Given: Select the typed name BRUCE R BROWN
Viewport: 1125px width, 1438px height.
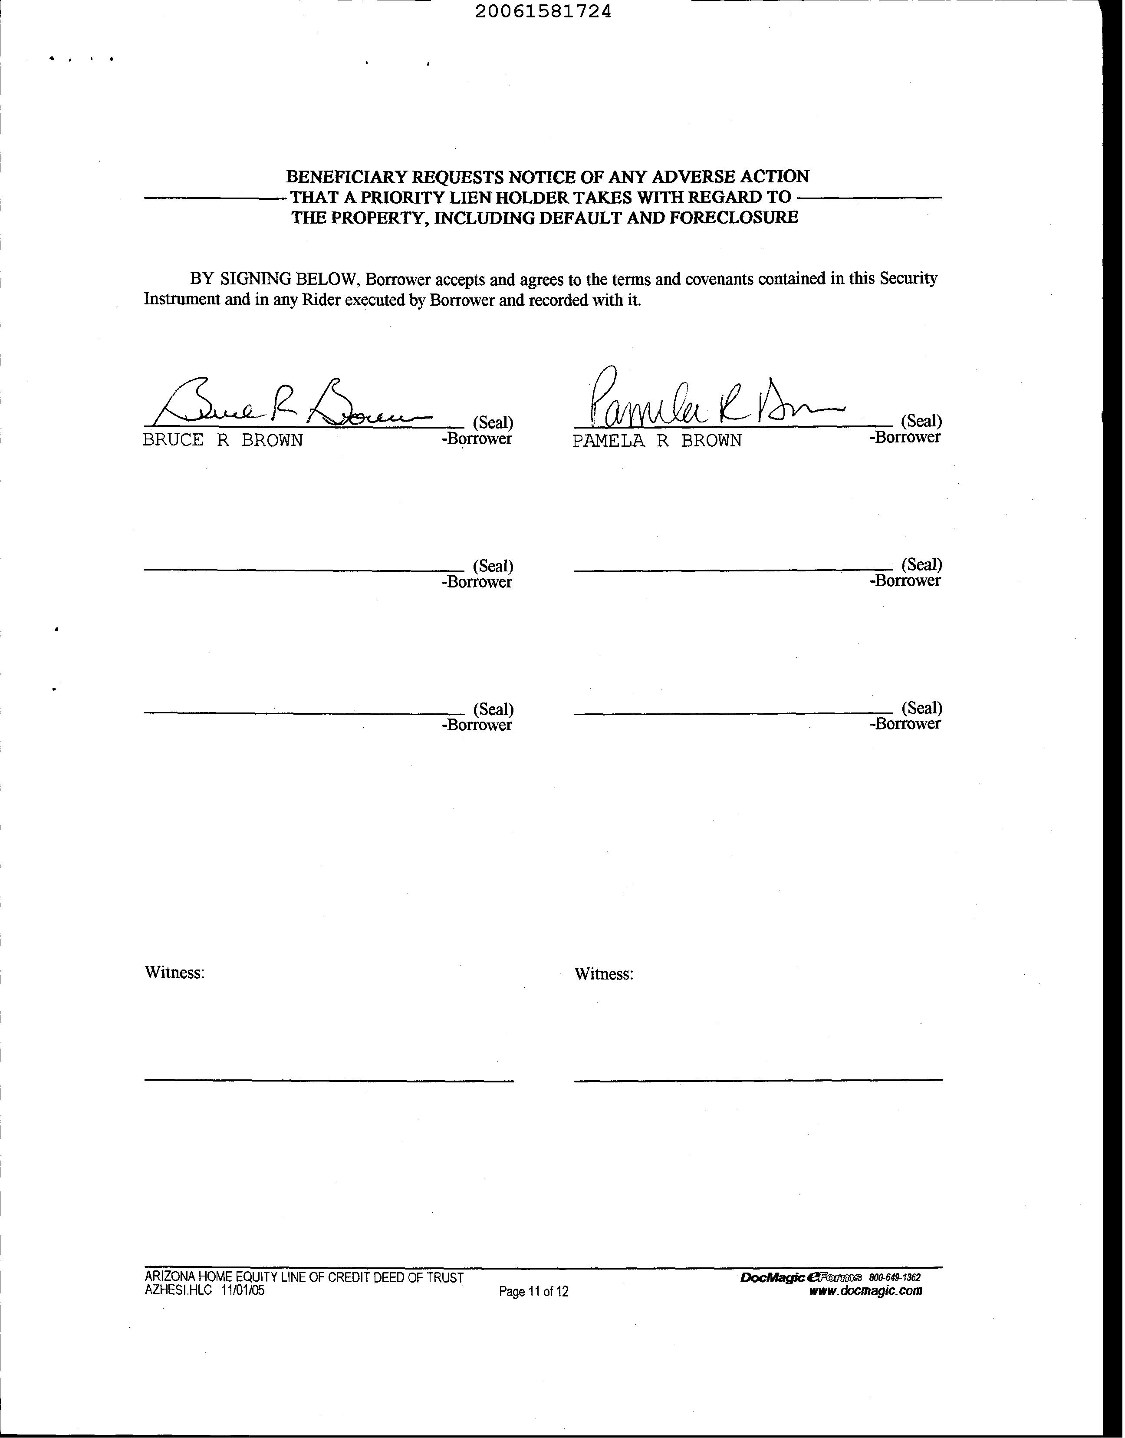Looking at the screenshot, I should click(223, 441).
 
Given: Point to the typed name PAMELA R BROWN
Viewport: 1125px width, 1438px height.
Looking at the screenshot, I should click(657, 441).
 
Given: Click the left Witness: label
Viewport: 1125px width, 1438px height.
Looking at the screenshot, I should click(174, 973).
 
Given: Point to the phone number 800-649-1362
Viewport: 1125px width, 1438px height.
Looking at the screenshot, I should click(895, 1277).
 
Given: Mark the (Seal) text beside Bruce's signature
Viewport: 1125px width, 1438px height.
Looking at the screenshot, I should click(493, 422).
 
